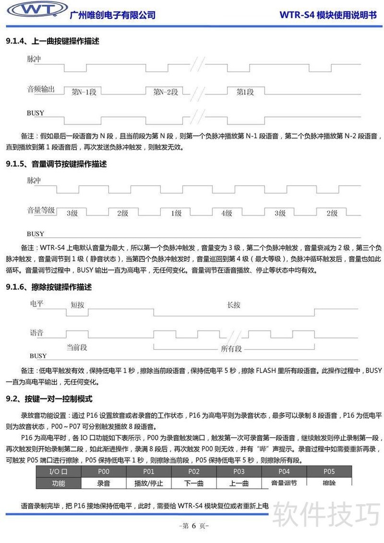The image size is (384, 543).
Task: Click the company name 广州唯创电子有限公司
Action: tap(113, 15)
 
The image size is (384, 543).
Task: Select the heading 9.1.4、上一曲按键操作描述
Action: tap(53, 41)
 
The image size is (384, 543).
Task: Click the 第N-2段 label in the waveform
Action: tap(166, 92)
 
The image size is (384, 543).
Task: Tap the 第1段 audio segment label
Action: tap(245, 92)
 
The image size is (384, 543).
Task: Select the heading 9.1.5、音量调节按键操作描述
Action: tap(56, 164)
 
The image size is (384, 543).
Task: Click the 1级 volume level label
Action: tap(176, 213)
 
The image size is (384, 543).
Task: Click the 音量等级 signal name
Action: tap(41, 210)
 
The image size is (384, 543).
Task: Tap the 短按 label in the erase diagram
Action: tap(77, 305)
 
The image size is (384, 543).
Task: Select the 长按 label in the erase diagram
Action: tap(234, 305)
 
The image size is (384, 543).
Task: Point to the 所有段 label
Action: tap(231, 349)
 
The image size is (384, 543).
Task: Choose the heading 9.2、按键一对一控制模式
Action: tap(49, 399)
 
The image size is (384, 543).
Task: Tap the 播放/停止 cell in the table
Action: tap(149, 483)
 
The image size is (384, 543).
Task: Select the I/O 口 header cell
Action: tap(58, 471)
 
